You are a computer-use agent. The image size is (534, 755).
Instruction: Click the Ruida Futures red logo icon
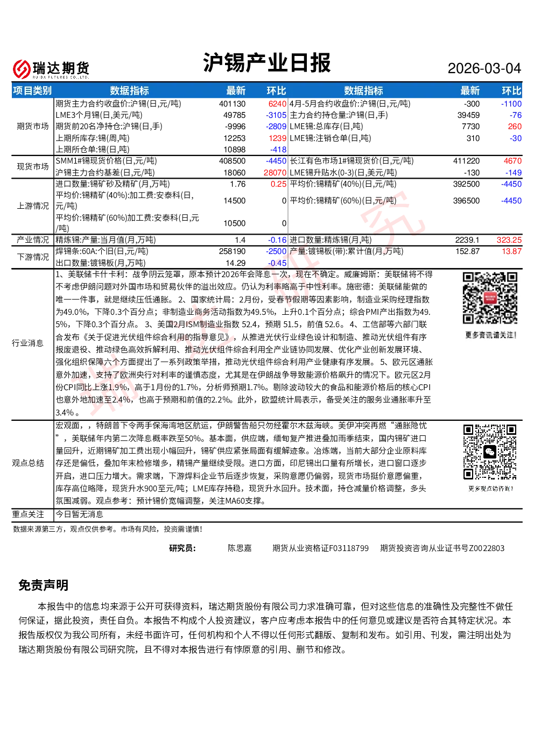click(22, 69)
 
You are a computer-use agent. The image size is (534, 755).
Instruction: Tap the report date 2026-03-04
click(484, 68)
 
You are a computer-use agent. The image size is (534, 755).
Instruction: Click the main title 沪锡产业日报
click(266, 62)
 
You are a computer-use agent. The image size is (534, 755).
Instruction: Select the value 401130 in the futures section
click(232, 104)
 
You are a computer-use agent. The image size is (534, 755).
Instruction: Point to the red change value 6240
click(277, 104)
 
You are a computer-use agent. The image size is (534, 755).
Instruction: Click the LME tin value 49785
click(234, 115)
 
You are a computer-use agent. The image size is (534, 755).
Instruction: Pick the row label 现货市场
click(33, 166)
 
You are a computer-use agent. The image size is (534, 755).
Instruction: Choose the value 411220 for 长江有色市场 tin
click(466, 161)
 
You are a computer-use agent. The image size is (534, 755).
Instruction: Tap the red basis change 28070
click(275, 173)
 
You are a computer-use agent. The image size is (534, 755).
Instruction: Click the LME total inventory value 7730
click(470, 126)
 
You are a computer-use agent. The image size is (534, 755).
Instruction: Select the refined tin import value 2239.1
click(467, 240)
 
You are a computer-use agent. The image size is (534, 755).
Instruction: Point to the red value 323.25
click(509, 240)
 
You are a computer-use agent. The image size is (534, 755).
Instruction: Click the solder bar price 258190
click(232, 251)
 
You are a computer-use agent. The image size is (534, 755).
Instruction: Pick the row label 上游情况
click(33, 206)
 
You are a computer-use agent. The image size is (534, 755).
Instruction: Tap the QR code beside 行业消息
click(490, 298)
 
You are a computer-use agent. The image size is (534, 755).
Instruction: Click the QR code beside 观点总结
click(490, 451)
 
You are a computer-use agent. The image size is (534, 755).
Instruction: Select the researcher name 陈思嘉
click(240, 548)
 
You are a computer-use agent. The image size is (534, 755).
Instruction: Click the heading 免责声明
click(44, 585)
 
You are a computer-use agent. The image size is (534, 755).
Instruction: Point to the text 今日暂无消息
click(80, 514)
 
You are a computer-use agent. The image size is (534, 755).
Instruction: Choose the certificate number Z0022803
click(487, 548)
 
